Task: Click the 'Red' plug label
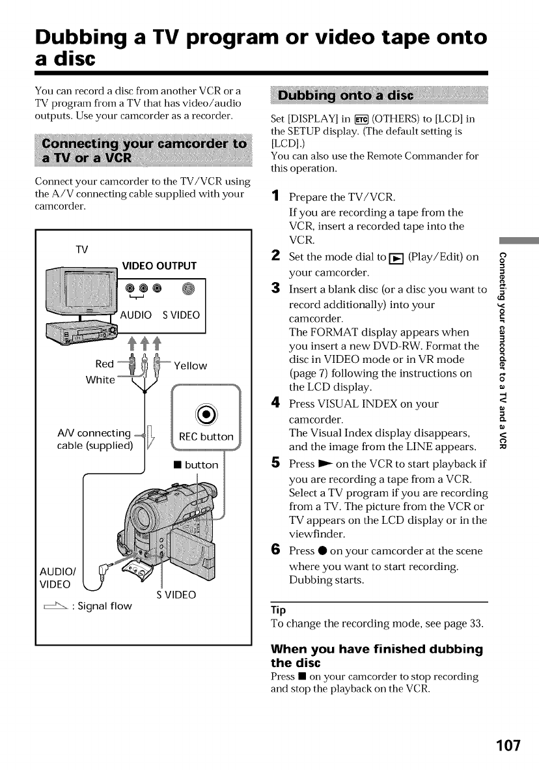click(x=104, y=364)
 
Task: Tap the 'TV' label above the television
click(x=82, y=249)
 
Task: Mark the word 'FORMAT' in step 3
click(x=331, y=332)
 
